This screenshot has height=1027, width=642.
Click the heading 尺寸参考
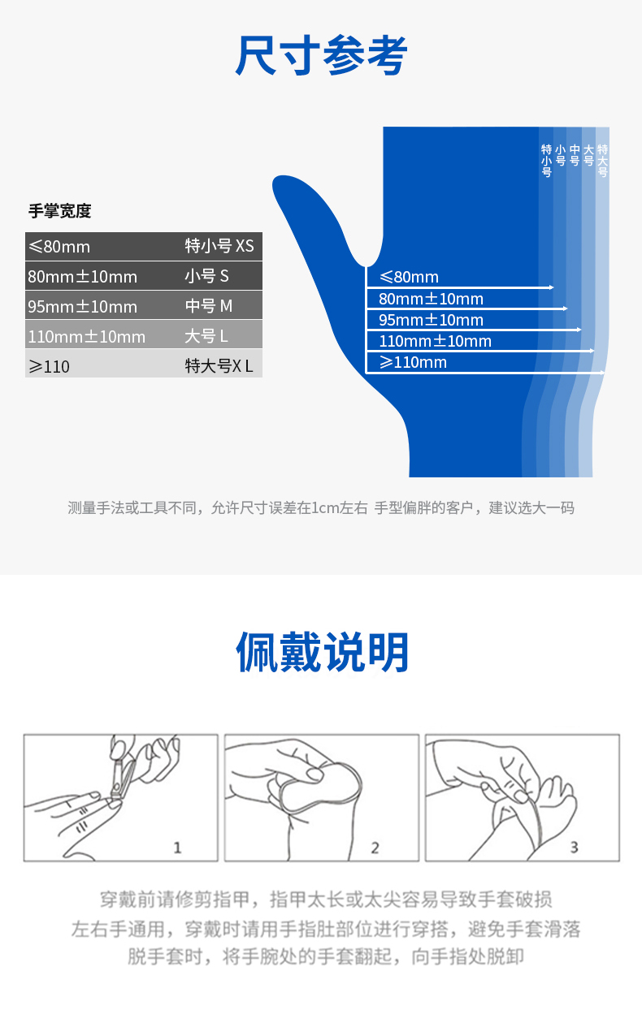[321, 55]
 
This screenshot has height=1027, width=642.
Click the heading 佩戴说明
[322, 651]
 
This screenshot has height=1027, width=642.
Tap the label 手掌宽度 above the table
[59, 211]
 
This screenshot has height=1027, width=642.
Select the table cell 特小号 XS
[219, 246]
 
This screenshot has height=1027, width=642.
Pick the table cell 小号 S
[206, 276]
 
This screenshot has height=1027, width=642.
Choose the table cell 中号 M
[208, 306]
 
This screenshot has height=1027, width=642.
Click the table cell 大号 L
[206, 336]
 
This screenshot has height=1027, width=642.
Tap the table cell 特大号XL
[219, 366]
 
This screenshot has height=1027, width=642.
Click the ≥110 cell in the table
[49, 367]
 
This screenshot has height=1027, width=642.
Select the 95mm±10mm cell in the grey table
[83, 307]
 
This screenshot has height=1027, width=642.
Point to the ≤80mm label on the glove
[409, 277]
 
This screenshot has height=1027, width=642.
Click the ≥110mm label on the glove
[413, 363]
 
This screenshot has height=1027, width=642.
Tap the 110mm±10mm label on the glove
[435, 341]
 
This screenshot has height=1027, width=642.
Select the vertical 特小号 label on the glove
[546, 161]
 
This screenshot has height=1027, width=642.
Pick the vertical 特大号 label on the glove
[602, 161]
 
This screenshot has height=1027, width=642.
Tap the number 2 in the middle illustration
[375, 848]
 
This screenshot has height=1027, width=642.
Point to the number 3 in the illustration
[574, 848]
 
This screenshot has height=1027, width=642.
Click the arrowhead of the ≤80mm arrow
[552, 287]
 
